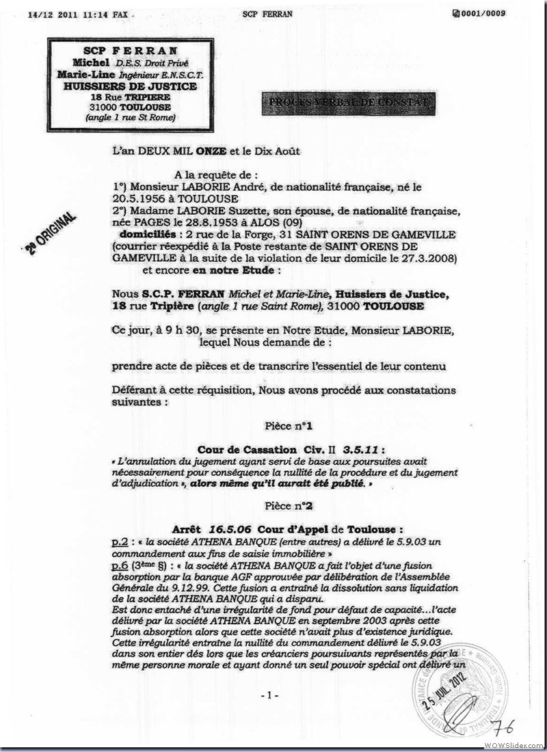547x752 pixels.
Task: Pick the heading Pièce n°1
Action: pos(289,426)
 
